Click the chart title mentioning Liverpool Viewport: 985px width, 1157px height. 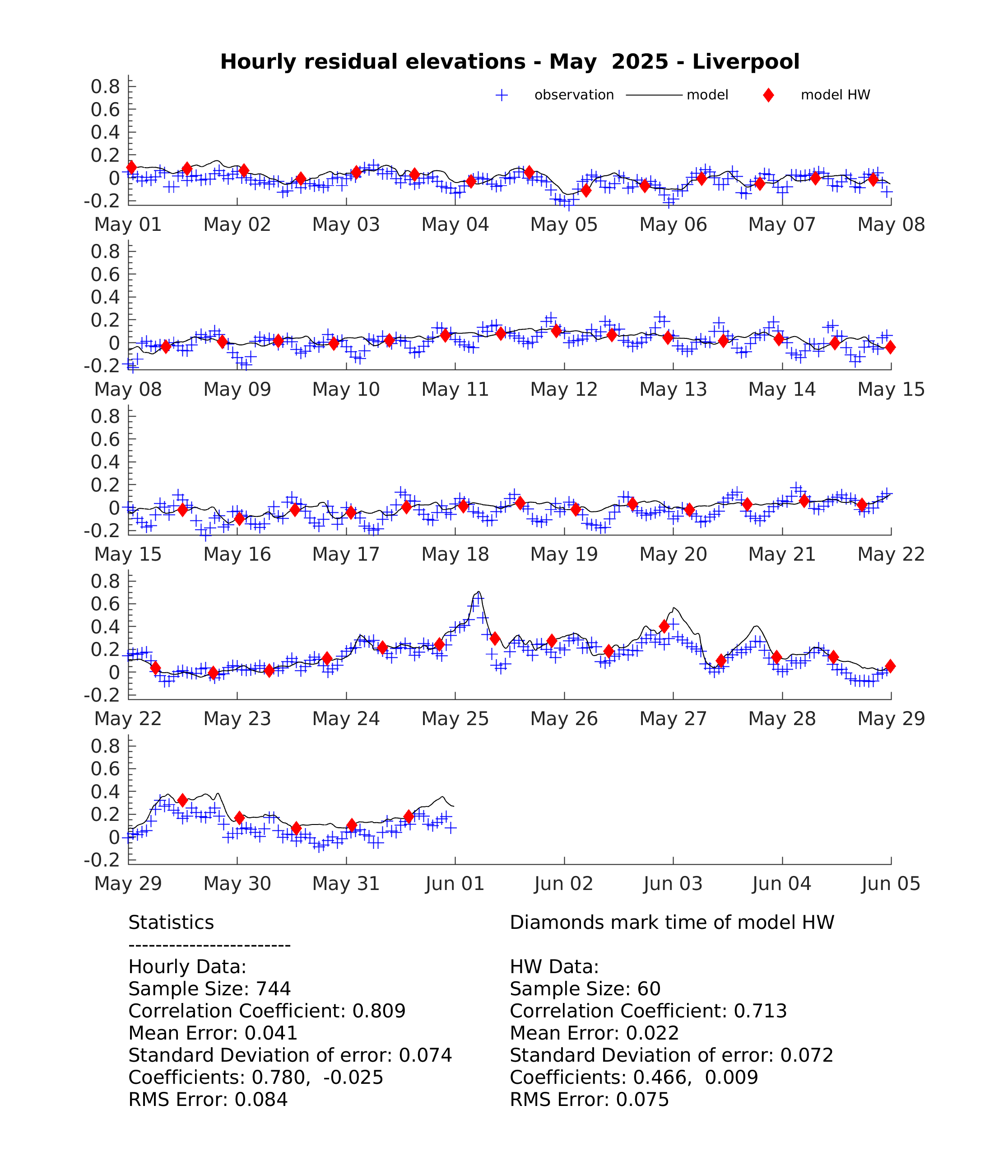tap(510, 61)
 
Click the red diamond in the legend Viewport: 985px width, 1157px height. tap(768, 95)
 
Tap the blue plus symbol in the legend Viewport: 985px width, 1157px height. tap(502, 95)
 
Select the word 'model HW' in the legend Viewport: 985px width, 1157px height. tap(836, 95)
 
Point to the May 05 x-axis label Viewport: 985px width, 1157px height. tap(564, 225)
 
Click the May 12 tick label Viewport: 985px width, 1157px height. tap(564, 389)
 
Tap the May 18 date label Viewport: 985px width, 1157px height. tap(455, 554)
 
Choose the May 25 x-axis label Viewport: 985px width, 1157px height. tap(455, 719)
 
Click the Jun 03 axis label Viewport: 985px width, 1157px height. tap(673, 883)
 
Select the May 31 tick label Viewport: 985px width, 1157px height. tap(346, 883)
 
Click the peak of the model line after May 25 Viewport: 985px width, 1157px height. tap(478, 591)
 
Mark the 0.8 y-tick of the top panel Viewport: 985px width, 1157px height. tap(106, 87)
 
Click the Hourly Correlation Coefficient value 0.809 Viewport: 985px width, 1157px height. tap(379, 1011)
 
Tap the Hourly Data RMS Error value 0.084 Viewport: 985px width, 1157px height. tap(261, 1100)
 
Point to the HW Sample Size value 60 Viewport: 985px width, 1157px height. tap(649, 989)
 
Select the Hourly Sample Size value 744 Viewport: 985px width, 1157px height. tap(274, 989)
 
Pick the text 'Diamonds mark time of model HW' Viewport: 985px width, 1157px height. tap(672, 923)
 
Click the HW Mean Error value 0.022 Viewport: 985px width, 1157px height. tap(652, 1033)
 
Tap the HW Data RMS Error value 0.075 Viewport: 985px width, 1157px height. tap(642, 1100)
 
